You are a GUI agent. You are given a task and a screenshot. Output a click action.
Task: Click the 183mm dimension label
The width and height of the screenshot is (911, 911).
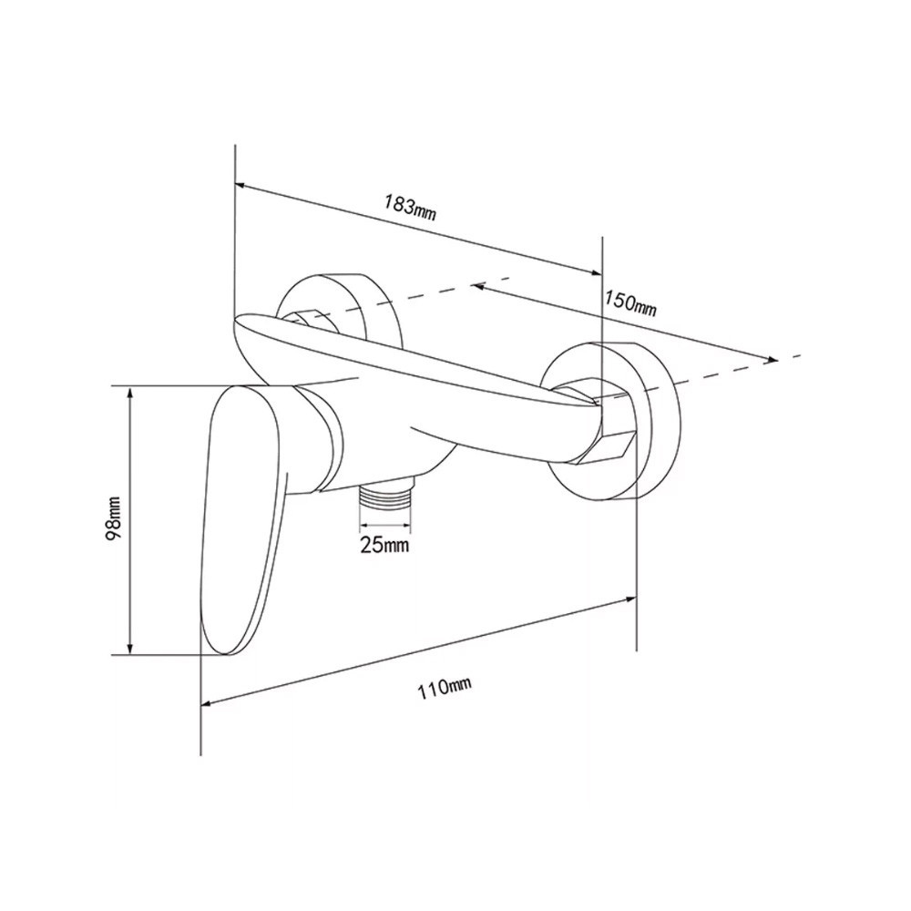point(409,209)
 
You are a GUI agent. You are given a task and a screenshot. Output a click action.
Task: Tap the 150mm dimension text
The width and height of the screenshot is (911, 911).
point(630,303)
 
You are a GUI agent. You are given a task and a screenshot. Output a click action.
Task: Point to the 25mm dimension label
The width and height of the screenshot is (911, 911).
point(384,545)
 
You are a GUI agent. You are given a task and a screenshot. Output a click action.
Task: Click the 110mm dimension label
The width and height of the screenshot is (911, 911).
point(445,689)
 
